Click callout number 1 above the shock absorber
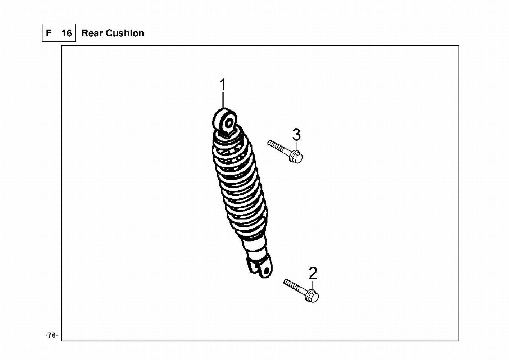point(223,85)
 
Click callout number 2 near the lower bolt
point(313,274)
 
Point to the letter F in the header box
point(49,33)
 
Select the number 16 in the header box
point(67,33)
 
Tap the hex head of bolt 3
point(297,157)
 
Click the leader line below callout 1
point(223,100)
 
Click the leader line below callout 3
point(296,146)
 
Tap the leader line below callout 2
point(313,285)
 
